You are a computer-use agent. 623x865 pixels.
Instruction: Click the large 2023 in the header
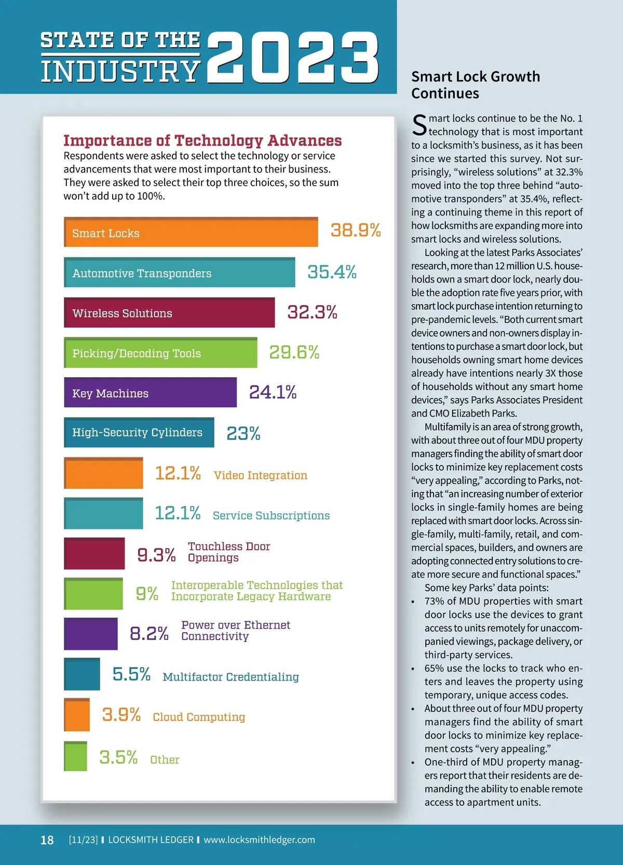pos(293,57)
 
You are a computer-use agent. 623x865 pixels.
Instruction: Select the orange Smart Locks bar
pos(191,232)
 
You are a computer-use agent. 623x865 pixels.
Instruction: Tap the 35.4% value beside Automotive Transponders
pos(332,272)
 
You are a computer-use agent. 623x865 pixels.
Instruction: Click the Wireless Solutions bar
pos(169,313)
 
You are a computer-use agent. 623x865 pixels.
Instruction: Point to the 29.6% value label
pos(294,352)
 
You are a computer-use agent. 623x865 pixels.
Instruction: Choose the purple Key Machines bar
pos(150,393)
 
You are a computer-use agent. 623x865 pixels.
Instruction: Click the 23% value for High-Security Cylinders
pos(243,433)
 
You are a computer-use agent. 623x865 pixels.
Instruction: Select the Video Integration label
pos(260,475)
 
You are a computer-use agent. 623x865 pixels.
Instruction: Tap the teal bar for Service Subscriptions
pos(103,513)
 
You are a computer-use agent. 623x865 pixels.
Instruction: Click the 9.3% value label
pos(156,555)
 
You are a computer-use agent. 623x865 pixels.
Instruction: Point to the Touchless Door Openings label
pos(229,552)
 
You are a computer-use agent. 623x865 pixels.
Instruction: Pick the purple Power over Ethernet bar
pos(91,634)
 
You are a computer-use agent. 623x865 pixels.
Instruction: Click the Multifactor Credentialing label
pos(231,677)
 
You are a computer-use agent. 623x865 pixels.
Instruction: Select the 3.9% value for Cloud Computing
pos(121,715)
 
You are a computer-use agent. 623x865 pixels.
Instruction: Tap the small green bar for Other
pos(76,756)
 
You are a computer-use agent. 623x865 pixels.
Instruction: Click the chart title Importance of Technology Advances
pos(202,140)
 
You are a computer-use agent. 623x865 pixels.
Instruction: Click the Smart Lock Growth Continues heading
pos(476,85)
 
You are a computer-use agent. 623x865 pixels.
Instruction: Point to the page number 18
pos(47,840)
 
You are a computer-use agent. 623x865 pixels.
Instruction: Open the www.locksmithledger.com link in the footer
pos(259,840)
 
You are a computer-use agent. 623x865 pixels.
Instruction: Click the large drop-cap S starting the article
pos(419,125)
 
